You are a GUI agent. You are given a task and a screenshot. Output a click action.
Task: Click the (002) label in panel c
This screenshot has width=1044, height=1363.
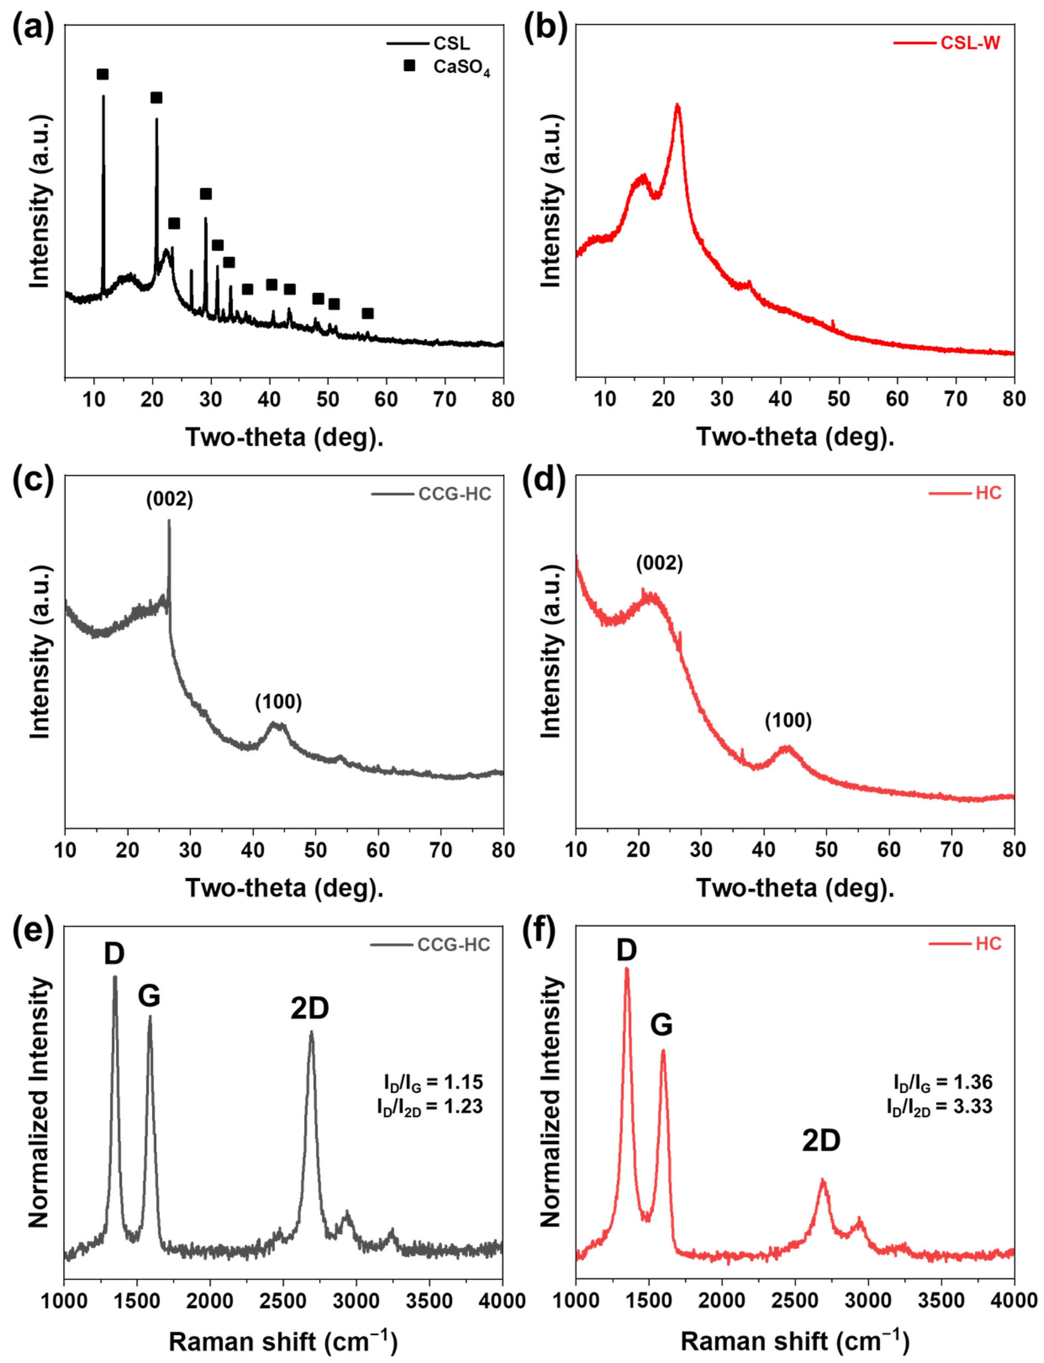pos(170,499)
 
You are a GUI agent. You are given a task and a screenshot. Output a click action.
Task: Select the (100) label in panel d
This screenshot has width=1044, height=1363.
pos(788,721)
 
